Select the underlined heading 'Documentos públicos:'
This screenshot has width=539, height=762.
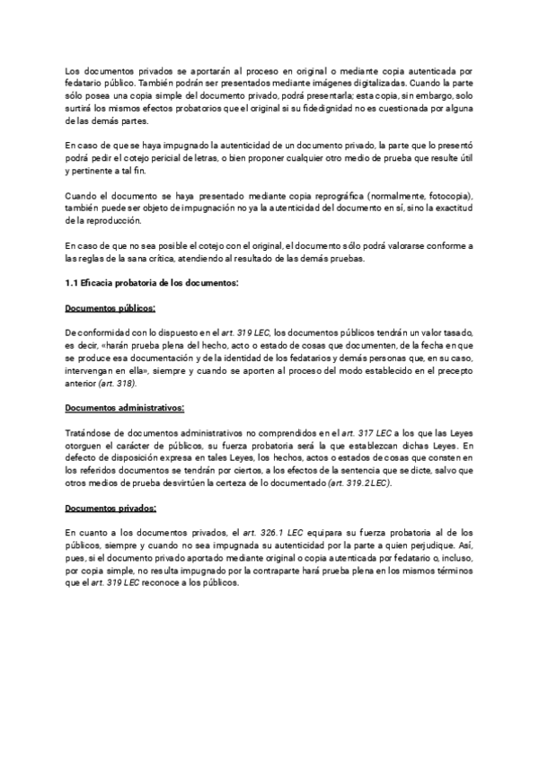[x=110, y=308]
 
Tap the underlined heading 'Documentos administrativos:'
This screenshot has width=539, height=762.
[x=125, y=407]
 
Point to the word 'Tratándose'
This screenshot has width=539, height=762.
[x=90, y=432]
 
